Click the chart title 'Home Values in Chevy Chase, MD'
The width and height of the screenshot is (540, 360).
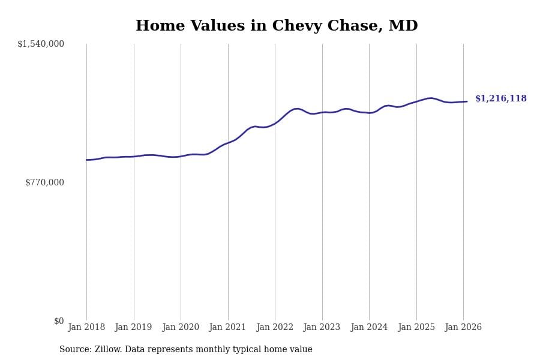[x=277, y=26]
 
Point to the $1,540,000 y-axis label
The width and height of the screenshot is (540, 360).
[x=41, y=44]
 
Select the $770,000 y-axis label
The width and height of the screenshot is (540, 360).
[x=44, y=182]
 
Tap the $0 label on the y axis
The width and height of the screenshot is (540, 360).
[x=59, y=321]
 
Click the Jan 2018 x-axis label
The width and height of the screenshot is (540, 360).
[x=86, y=328]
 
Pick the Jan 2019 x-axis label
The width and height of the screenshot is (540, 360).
[x=133, y=328]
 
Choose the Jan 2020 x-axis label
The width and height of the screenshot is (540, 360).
[x=181, y=328]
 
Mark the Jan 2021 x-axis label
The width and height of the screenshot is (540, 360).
[x=227, y=328]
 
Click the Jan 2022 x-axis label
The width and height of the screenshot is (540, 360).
[x=275, y=328]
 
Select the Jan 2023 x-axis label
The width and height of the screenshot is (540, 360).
[x=322, y=328]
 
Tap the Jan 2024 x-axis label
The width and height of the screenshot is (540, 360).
[x=369, y=328]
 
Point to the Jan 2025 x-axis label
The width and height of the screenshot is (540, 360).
[x=416, y=328]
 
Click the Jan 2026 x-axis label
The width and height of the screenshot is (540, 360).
[x=463, y=328]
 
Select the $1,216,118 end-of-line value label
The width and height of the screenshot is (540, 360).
[x=500, y=99]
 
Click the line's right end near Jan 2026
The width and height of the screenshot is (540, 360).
[x=467, y=101]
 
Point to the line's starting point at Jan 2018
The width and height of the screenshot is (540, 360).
[x=86, y=160]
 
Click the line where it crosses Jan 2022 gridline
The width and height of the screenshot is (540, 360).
[x=275, y=123]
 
